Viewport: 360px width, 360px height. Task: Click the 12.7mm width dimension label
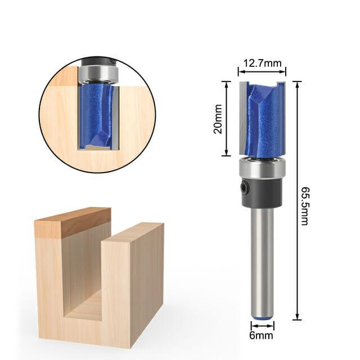click(262, 63)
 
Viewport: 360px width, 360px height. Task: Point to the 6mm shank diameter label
click(262, 336)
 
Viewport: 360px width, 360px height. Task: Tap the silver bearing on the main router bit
click(262, 168)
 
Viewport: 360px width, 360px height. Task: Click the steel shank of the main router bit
click(262, 259)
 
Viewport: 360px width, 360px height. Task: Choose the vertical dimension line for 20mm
click(227, 119)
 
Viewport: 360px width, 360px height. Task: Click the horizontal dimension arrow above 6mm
click(262, 326)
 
